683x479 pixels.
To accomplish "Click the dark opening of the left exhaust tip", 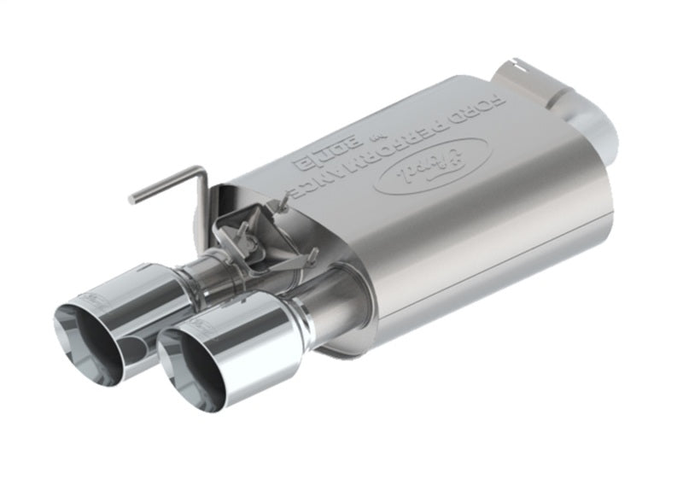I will point(85,346).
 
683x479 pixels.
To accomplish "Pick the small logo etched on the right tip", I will point(201,324).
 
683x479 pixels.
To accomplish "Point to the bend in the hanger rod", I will point(201,172).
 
